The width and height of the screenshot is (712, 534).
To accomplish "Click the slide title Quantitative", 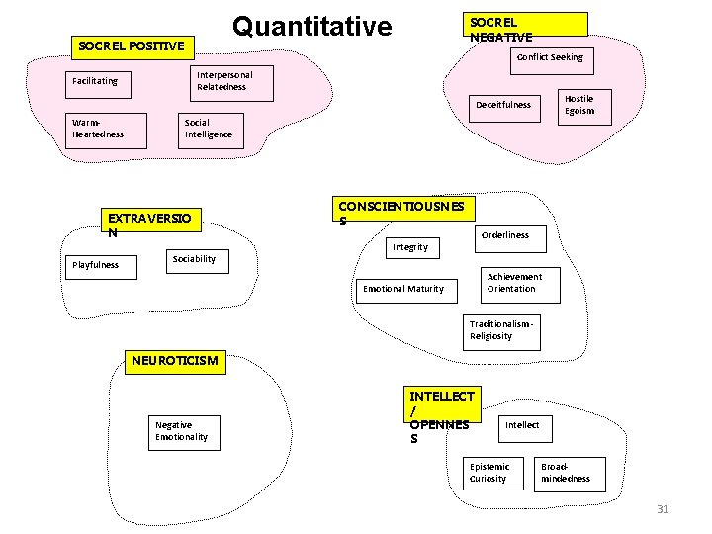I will point(311,27).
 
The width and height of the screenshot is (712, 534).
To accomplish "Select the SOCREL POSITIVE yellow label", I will point(132,45).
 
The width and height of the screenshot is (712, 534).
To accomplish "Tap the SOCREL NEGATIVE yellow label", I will point(527,29).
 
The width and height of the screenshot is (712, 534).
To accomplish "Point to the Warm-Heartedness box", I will point(105,129).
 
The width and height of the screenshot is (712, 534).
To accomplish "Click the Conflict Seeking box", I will point(550,57).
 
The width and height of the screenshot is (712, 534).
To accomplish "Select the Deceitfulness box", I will point(503,105).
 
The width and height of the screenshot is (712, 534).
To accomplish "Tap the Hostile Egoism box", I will point(579,105).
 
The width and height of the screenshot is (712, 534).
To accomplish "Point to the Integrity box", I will point(410,247).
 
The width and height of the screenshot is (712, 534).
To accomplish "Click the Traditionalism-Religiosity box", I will point(503,331).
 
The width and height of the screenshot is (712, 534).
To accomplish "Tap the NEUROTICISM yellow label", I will point(176,361).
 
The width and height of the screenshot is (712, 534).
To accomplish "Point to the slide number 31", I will point(663,509).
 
